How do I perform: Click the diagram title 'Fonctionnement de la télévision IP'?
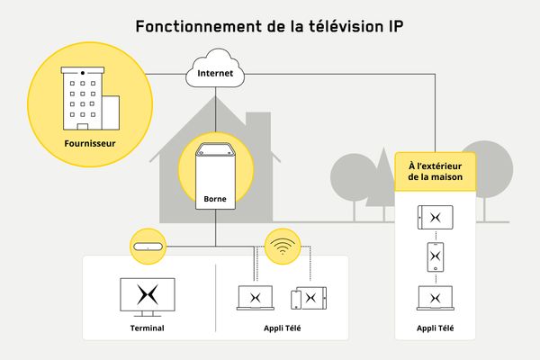point(269,25)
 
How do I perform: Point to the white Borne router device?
point(215,171)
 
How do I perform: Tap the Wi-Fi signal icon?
point(283,246)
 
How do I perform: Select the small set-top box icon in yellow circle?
point(148,246)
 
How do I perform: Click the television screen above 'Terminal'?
point(148,296)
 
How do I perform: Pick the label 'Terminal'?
point(148,328)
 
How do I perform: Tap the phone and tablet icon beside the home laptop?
point(307,297)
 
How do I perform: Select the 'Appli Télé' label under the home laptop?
point(282,328)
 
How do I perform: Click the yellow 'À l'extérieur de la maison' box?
point(436,170)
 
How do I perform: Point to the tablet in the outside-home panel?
point(436,218)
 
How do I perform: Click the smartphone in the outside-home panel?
point(436,257)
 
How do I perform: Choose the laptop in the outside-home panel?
point(436,298)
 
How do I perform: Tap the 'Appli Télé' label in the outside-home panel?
point(436,328)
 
